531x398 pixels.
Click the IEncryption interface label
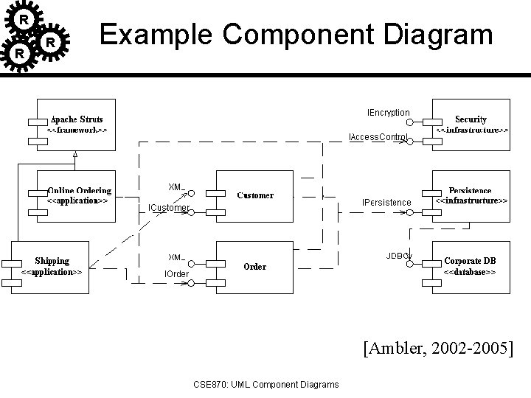pos(389,113)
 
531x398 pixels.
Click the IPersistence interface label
pos(386,202)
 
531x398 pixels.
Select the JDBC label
pos(398,256)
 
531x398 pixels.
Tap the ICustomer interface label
pos(169,208)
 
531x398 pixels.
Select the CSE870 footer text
pos(265,384)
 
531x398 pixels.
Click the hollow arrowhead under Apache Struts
pos(74,154)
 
